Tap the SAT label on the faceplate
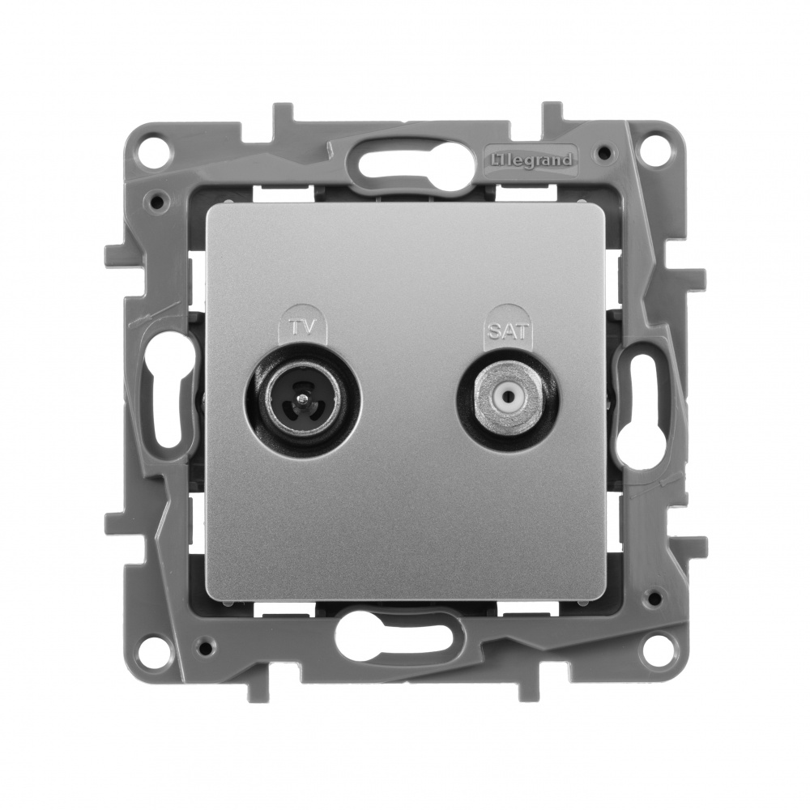(x=507, y=331)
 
